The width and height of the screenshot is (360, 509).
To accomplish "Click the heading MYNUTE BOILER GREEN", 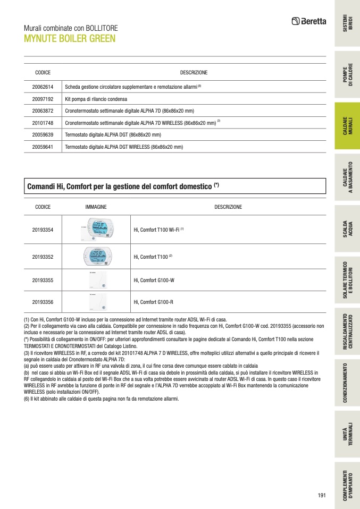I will [x=70, y=39].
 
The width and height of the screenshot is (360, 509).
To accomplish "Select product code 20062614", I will [x=43, y=86].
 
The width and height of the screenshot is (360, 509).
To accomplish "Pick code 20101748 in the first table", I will [x=43, y=123].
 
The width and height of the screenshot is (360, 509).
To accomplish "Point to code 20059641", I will [x=43, y=147].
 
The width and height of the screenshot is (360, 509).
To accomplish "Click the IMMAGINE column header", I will [x=96, y=207].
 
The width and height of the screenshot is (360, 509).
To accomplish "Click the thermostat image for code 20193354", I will [x=96, y=230].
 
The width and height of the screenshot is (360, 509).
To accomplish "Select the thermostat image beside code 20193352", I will [x=96, y=257].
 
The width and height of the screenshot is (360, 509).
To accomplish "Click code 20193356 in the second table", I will [x=43, y=302].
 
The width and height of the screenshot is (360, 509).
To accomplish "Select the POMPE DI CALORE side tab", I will [x=347, y=75].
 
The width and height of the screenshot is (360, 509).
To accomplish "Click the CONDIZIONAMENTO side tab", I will [x=347, y=383].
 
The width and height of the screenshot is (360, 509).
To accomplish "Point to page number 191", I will [x=321, y=495].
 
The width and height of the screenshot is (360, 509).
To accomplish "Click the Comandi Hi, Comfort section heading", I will [x=123, y=186].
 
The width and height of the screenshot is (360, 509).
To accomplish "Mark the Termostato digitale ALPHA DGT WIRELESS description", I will [x=124, y=147].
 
